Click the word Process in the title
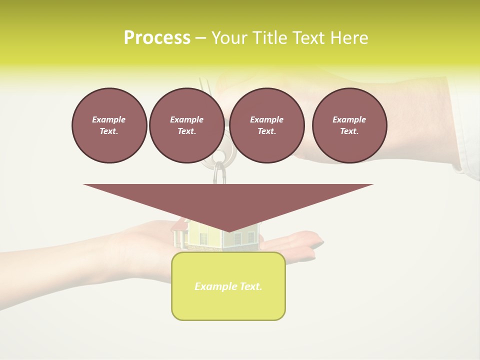click(x=157, y=38)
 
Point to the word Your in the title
click(x=228, y=38)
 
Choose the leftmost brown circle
click(x=109, y=125)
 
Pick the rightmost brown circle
click(x=349, y=125)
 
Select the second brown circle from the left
click(x=186, y=125)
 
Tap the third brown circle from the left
click(x=266, y=125)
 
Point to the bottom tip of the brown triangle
click(x=228, y=230)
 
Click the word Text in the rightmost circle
click(x=349, y=131)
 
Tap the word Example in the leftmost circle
click(x=109, y=119)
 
